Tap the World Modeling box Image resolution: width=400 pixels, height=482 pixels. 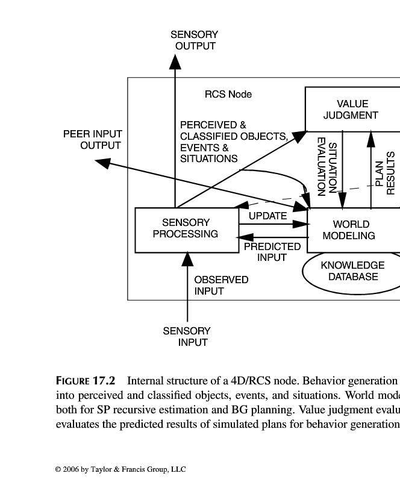tap(352, 230)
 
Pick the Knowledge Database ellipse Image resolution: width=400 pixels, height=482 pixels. tap(352, 271)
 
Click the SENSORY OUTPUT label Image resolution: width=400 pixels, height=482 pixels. tap(195, 40)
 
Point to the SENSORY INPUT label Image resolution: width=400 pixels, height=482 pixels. tap(187, 337)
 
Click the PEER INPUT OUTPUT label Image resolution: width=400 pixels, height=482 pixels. tap(93, 140)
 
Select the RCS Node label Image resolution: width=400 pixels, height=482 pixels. tap(228, 95)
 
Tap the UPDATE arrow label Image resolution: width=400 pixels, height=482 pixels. tap(267, 216)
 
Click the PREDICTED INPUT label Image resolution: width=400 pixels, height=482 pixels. tap(272, 252)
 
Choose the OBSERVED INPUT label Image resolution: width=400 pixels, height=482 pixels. tap(220, 286)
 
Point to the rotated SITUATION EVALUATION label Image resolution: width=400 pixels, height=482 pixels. tap(327, 166)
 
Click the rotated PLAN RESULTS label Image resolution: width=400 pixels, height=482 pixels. tap(384, 174)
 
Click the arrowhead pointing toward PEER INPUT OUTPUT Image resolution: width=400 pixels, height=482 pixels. tap(103, 162)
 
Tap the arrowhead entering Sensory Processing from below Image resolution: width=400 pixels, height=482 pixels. tap(187, 259)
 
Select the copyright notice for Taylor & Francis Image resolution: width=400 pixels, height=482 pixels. tap(120, 469)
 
